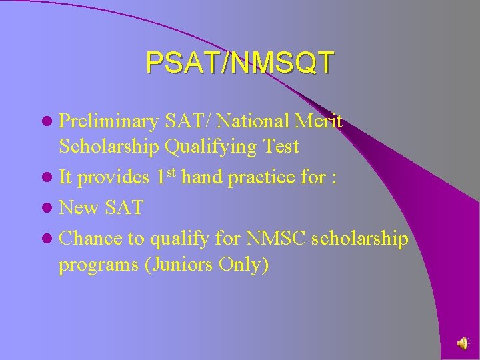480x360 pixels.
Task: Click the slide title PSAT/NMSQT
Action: coord(239,62)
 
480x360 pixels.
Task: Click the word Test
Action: coord(279,146)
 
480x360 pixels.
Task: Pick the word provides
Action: coord(115,178)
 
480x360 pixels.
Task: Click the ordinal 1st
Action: coord(166,177)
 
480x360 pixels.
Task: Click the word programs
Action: coord(98,265)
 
